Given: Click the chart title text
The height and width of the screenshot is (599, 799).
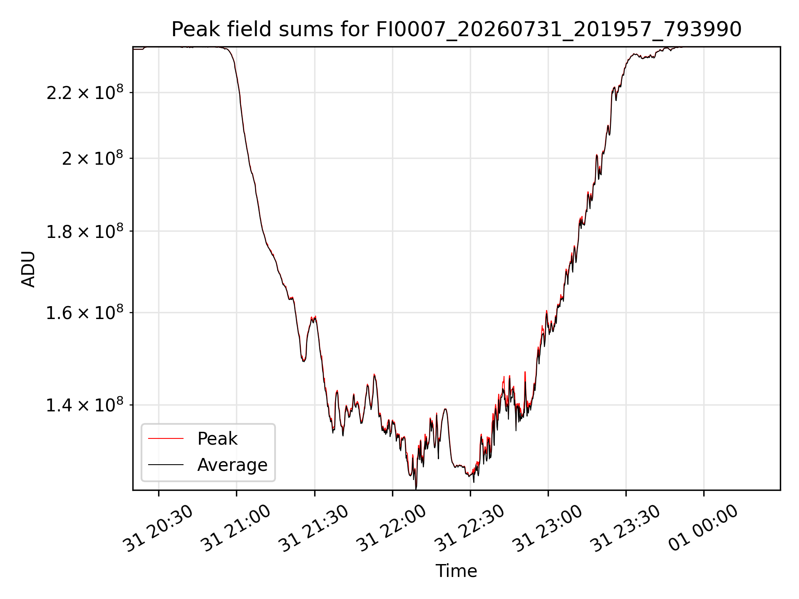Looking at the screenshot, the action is tap(457, 30).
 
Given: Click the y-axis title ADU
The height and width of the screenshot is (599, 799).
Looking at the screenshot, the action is tap(28, 269).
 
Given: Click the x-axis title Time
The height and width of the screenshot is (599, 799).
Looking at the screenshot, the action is tap(456, 571).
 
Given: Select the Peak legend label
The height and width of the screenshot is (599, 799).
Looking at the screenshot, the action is tap(217, 438).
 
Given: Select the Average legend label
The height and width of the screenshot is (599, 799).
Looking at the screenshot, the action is tap(232, 465).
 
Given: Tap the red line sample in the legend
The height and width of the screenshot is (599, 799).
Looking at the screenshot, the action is tap(166, 438).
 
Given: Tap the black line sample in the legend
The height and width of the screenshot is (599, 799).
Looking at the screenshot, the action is tap(166, 465).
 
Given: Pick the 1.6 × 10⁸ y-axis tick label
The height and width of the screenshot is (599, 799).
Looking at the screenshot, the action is tap(85, 312).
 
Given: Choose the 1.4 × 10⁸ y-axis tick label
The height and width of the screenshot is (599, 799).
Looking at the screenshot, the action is tap(85, 405).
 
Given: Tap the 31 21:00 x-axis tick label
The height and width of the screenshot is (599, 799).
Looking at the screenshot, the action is tap(236, 528).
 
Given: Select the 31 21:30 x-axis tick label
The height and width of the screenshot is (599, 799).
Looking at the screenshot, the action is tap(314, 528).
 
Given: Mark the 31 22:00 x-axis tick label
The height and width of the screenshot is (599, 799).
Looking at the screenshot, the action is tap(392, 528).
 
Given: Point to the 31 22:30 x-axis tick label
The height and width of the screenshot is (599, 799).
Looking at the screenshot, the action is tap(470, 528).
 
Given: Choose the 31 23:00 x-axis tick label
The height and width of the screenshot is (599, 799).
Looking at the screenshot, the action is tap(548, 528).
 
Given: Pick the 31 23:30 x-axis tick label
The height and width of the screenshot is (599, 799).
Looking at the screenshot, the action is tap(625, 528).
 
